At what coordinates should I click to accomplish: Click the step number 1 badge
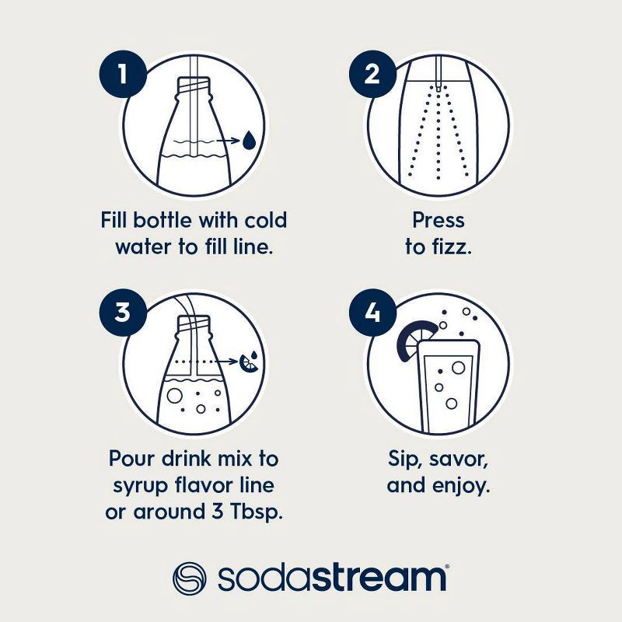123,75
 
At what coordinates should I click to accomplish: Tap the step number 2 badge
372,75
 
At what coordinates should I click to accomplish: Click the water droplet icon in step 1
248,141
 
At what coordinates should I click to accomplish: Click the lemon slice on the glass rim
410,340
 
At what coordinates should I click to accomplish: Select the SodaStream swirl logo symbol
190,578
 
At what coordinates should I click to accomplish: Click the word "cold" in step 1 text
260,220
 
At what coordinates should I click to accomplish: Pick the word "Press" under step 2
439,220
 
